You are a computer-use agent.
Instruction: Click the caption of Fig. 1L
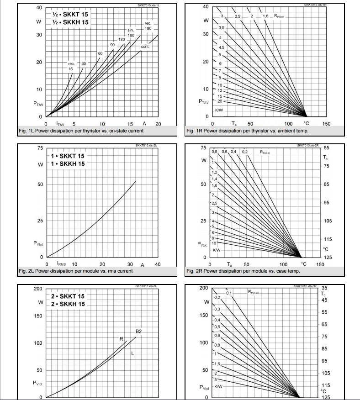pos(81,131)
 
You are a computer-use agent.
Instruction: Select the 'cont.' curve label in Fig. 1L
pos(145,47)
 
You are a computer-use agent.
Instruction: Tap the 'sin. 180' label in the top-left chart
pos(131,32)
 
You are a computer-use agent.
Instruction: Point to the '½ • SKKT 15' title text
pos(71,14)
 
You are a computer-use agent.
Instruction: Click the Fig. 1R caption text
pos(247,131)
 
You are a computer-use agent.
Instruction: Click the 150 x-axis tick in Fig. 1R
pos(326,124)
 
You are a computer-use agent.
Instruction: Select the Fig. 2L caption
pos(76,271)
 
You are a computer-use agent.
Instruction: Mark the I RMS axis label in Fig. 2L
pos(62,264)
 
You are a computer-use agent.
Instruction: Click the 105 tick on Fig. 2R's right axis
pos(328,221)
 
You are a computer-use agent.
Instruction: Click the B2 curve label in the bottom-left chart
pos(139,331)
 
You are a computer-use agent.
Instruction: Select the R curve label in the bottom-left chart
pos(122,339)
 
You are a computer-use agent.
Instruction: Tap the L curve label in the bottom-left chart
pos(132,354)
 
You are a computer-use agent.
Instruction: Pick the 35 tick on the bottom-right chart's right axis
pos(324,288)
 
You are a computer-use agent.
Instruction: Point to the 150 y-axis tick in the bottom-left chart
pos(38,316)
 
